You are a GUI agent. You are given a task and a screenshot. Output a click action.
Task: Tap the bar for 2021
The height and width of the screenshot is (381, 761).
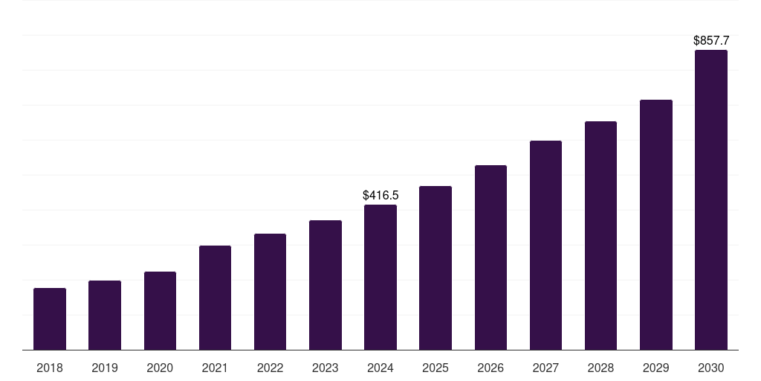[x=215, y=298]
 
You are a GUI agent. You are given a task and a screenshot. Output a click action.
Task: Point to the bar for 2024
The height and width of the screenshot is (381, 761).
[x=380, y=277]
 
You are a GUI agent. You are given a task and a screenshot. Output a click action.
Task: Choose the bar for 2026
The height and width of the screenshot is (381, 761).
[x=490, y=257]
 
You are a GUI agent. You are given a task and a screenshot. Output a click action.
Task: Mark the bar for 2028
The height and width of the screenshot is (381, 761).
[x=600, y=235]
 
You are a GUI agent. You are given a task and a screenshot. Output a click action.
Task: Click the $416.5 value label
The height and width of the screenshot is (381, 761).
[x=380, y=195]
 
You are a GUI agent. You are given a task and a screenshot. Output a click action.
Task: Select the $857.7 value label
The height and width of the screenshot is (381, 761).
[x=711, y=40]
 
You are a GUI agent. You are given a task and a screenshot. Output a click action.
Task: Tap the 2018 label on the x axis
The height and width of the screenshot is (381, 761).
[x=50, y=368]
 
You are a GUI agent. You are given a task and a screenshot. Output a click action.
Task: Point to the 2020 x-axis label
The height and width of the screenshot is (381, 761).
[x=160, y=368]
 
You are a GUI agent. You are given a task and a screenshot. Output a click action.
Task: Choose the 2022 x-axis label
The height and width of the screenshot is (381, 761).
[x=270, y=368]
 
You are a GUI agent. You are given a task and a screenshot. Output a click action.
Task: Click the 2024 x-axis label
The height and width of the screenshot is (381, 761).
[x=380, y=368]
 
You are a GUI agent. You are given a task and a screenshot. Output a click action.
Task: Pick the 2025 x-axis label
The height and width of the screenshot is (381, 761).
[x=435, y=368]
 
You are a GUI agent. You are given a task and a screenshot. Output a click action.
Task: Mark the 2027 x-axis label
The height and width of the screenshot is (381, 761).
[x=545, y=368]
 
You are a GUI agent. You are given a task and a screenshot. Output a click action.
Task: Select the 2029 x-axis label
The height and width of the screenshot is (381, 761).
[x=655, y=368]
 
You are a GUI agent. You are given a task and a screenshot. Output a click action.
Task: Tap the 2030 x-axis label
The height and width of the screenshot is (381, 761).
[x=711, y=368]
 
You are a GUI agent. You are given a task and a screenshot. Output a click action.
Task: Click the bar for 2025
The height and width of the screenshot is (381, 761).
[x=435, y=268]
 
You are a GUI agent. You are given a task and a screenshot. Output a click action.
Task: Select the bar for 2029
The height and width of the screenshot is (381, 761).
[x=655, y=225]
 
